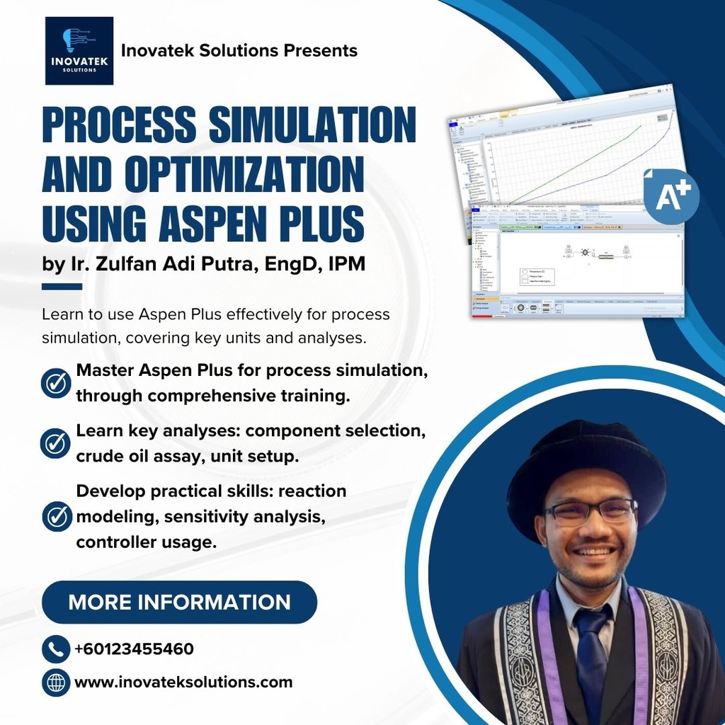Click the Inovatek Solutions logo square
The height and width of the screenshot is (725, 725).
pyautogui.click(x=79, y=51)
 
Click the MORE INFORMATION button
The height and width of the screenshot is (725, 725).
pyautogui.click(x=179, y=602)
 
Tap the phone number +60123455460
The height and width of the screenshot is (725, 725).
pyautogui.click(x=134, y=649)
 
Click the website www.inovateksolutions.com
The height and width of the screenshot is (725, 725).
pyautogui.click(x=183, y=683)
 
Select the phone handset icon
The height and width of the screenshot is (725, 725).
pyautogui.click(x=55, y=649)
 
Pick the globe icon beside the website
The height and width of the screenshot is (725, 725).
pyautogui.click(x=55, y=683)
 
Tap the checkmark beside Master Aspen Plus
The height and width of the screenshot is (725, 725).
pyautogui.click(x=55, y=383)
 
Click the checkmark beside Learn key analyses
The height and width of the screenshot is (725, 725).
pyautogui.click(x=55, y=443)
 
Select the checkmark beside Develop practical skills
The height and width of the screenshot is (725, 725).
pyautogui.click(x=57, y=516)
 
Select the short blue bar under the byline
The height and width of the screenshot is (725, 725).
pyautogui.click(x=62, y=287)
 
